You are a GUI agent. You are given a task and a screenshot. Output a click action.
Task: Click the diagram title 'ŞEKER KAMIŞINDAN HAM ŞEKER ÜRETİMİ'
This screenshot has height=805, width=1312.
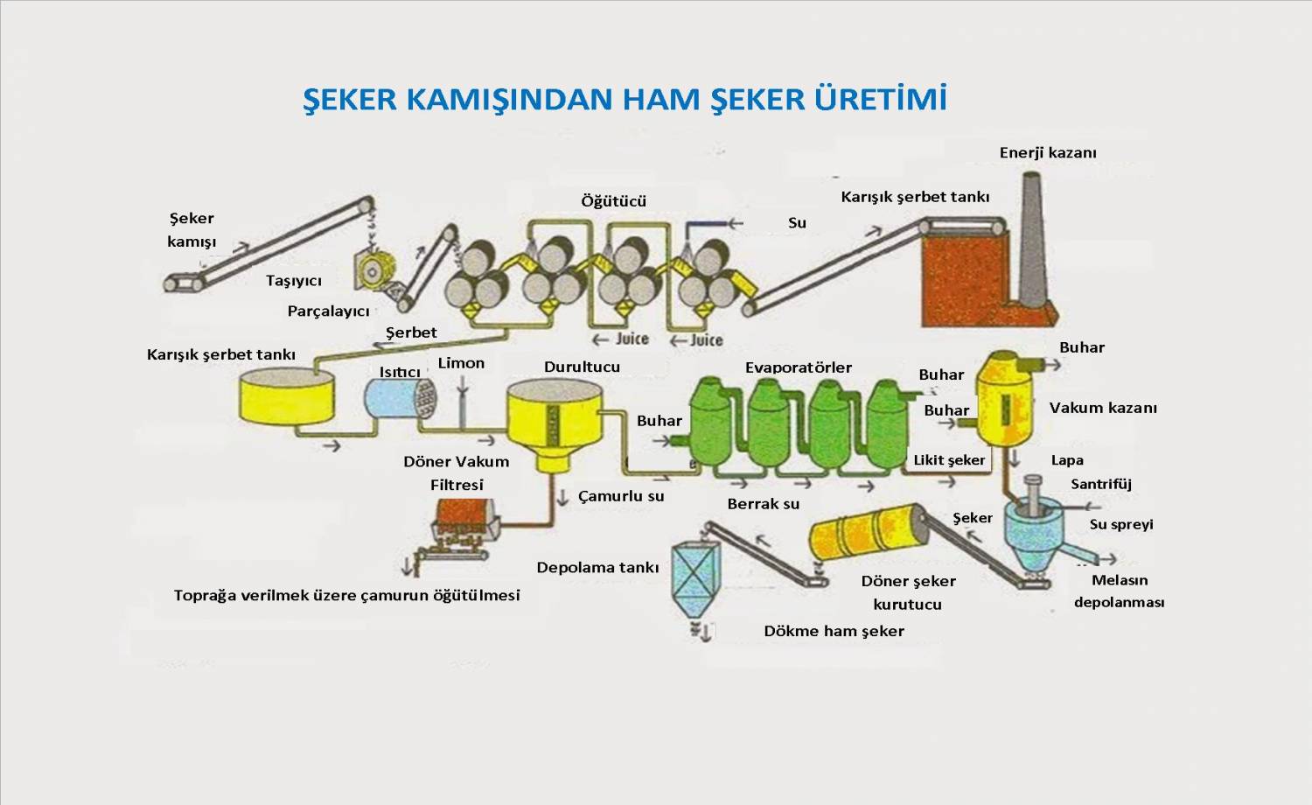coord(625,98)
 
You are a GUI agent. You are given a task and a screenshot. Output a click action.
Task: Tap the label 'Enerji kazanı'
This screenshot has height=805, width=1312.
coord(1047,152)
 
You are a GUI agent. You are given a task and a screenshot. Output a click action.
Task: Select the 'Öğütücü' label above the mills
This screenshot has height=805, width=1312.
coord(613,200)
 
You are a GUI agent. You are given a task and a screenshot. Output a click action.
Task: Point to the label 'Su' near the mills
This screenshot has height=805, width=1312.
coord(797,222)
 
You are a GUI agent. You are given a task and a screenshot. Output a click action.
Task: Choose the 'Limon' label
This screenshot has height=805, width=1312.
coord(461,363)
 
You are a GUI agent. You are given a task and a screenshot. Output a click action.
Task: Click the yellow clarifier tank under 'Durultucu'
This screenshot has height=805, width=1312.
coord(553,420)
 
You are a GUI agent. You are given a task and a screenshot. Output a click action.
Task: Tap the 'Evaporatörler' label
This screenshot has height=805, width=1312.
coord(798,367)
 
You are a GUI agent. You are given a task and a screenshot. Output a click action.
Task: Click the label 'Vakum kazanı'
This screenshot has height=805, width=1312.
coord(1102,408)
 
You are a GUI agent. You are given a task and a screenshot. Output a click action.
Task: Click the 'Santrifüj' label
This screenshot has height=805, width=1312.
coord(1100,484)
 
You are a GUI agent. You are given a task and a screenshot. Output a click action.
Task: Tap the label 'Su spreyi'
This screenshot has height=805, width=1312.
coord(1120,524)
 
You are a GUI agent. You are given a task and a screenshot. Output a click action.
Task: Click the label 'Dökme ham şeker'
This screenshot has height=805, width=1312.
coord(834,631)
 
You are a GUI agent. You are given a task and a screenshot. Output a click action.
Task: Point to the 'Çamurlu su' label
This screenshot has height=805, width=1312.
coord(621,496)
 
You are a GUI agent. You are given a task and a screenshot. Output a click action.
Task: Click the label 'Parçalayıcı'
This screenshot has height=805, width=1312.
coord(328,311)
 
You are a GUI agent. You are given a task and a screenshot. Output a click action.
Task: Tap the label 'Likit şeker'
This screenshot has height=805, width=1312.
coord(949,460)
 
